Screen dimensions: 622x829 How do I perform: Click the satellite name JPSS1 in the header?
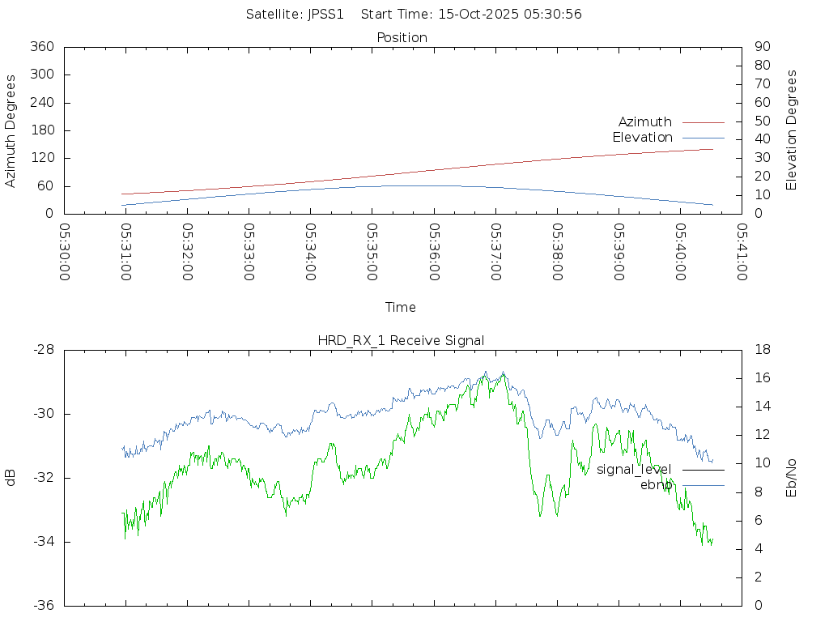point(326,14)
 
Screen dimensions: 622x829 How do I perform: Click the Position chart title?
point(402,37)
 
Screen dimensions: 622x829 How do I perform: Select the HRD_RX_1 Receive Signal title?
point(401,340)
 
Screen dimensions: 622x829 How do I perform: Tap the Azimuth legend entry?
point(645,122)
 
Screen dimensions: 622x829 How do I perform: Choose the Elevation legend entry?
point(642,138)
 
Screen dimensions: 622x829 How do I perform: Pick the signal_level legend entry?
point(634,470)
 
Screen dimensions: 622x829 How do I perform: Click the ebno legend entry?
point(656,485)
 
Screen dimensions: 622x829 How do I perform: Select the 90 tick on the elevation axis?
point(761,47)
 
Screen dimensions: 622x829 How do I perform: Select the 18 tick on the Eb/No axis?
point(762,350)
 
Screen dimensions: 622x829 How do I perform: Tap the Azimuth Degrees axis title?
point(11,130)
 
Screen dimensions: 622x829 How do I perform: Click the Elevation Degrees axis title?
point(792,130)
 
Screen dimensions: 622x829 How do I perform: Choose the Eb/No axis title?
point(792,478)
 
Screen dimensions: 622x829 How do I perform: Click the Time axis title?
point(401,307)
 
